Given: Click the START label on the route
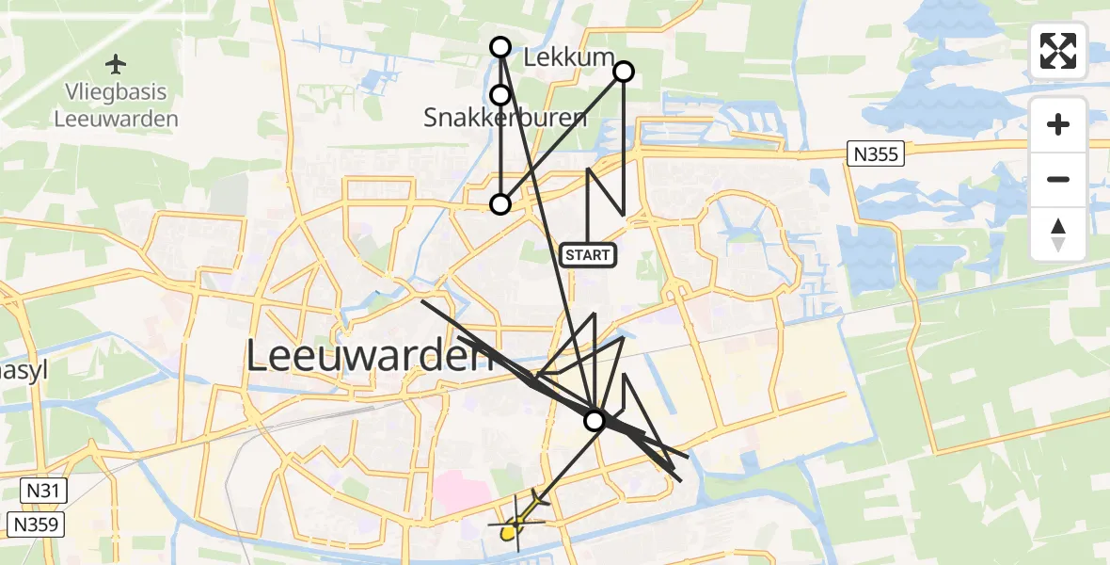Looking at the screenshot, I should point(588,254).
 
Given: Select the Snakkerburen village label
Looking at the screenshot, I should point(505,118).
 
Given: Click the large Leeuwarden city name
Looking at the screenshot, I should point(371,356).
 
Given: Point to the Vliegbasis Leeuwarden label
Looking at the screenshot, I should point(116,105).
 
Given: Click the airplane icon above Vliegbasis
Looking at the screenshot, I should point(116,64).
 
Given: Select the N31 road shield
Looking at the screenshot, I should point(42,490).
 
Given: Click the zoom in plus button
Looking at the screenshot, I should point(1058,124).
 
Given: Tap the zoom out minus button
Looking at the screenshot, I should point(1058,179).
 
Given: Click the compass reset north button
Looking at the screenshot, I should point(1058,234).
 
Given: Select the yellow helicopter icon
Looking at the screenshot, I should point(511,531).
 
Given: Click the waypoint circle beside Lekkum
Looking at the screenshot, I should point(624,72).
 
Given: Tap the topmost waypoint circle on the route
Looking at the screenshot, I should point(500,47).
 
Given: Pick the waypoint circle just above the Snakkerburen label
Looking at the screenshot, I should point(500,94).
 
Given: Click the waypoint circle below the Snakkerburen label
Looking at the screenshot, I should point(500,203).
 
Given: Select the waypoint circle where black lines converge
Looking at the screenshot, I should point(595,420).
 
